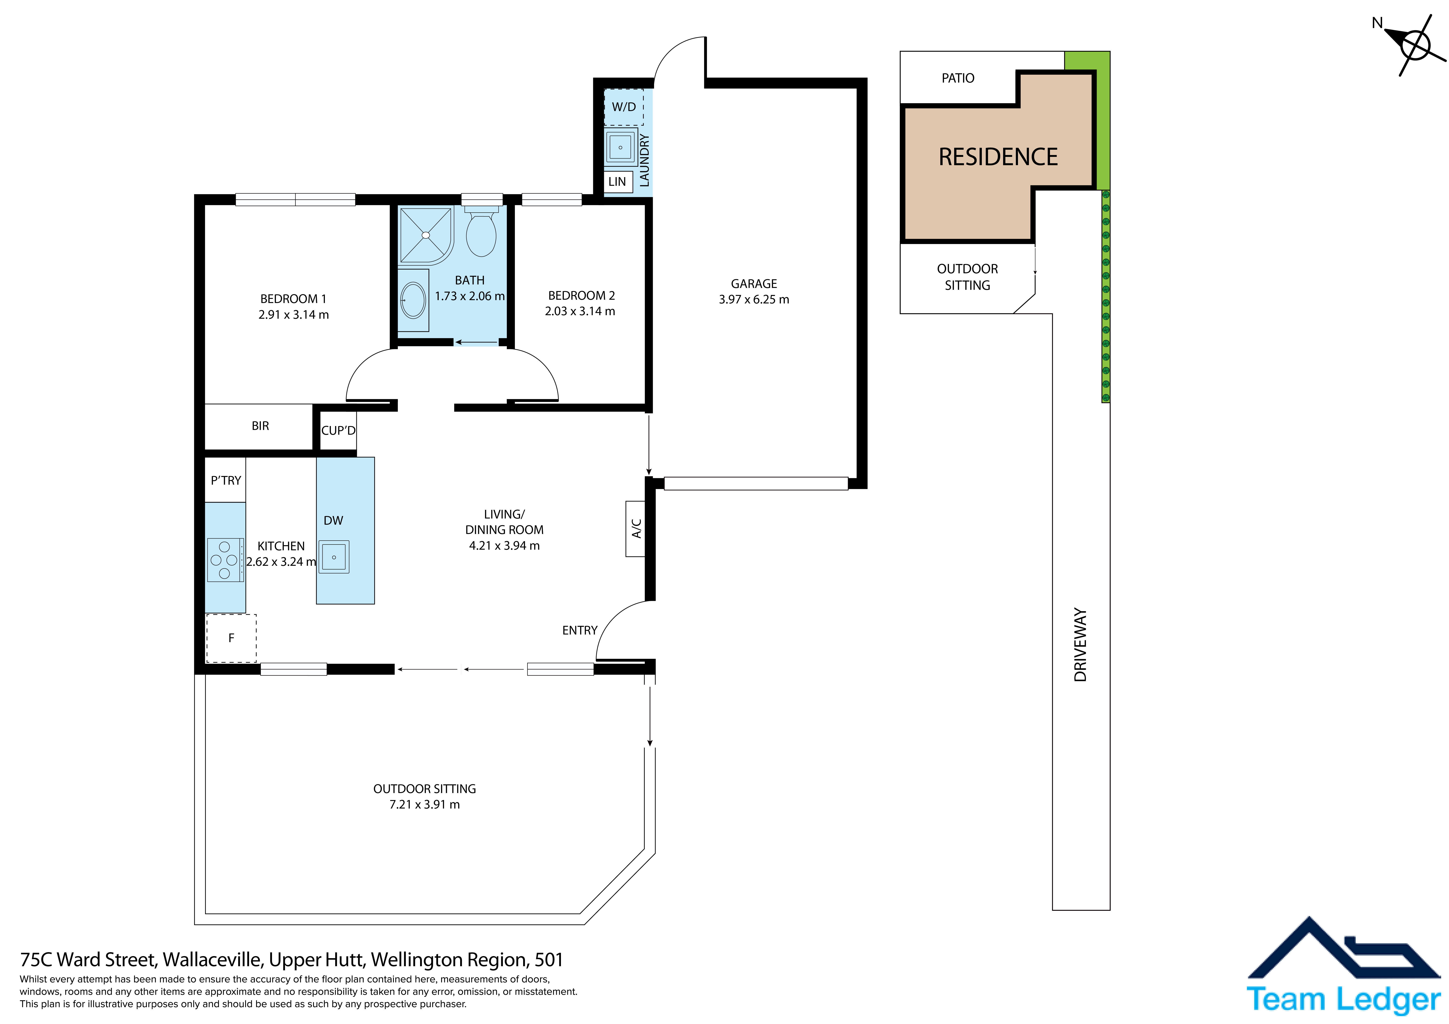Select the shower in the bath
click(x=426, y=235)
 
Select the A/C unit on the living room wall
click(x=635, y=529)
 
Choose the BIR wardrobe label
click(x=260, y=426)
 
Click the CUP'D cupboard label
click(x=338, y=430)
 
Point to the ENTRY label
click(x=579, y=630)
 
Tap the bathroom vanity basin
click(x=413, y=300)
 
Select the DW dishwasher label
click(x=333, y=521)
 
